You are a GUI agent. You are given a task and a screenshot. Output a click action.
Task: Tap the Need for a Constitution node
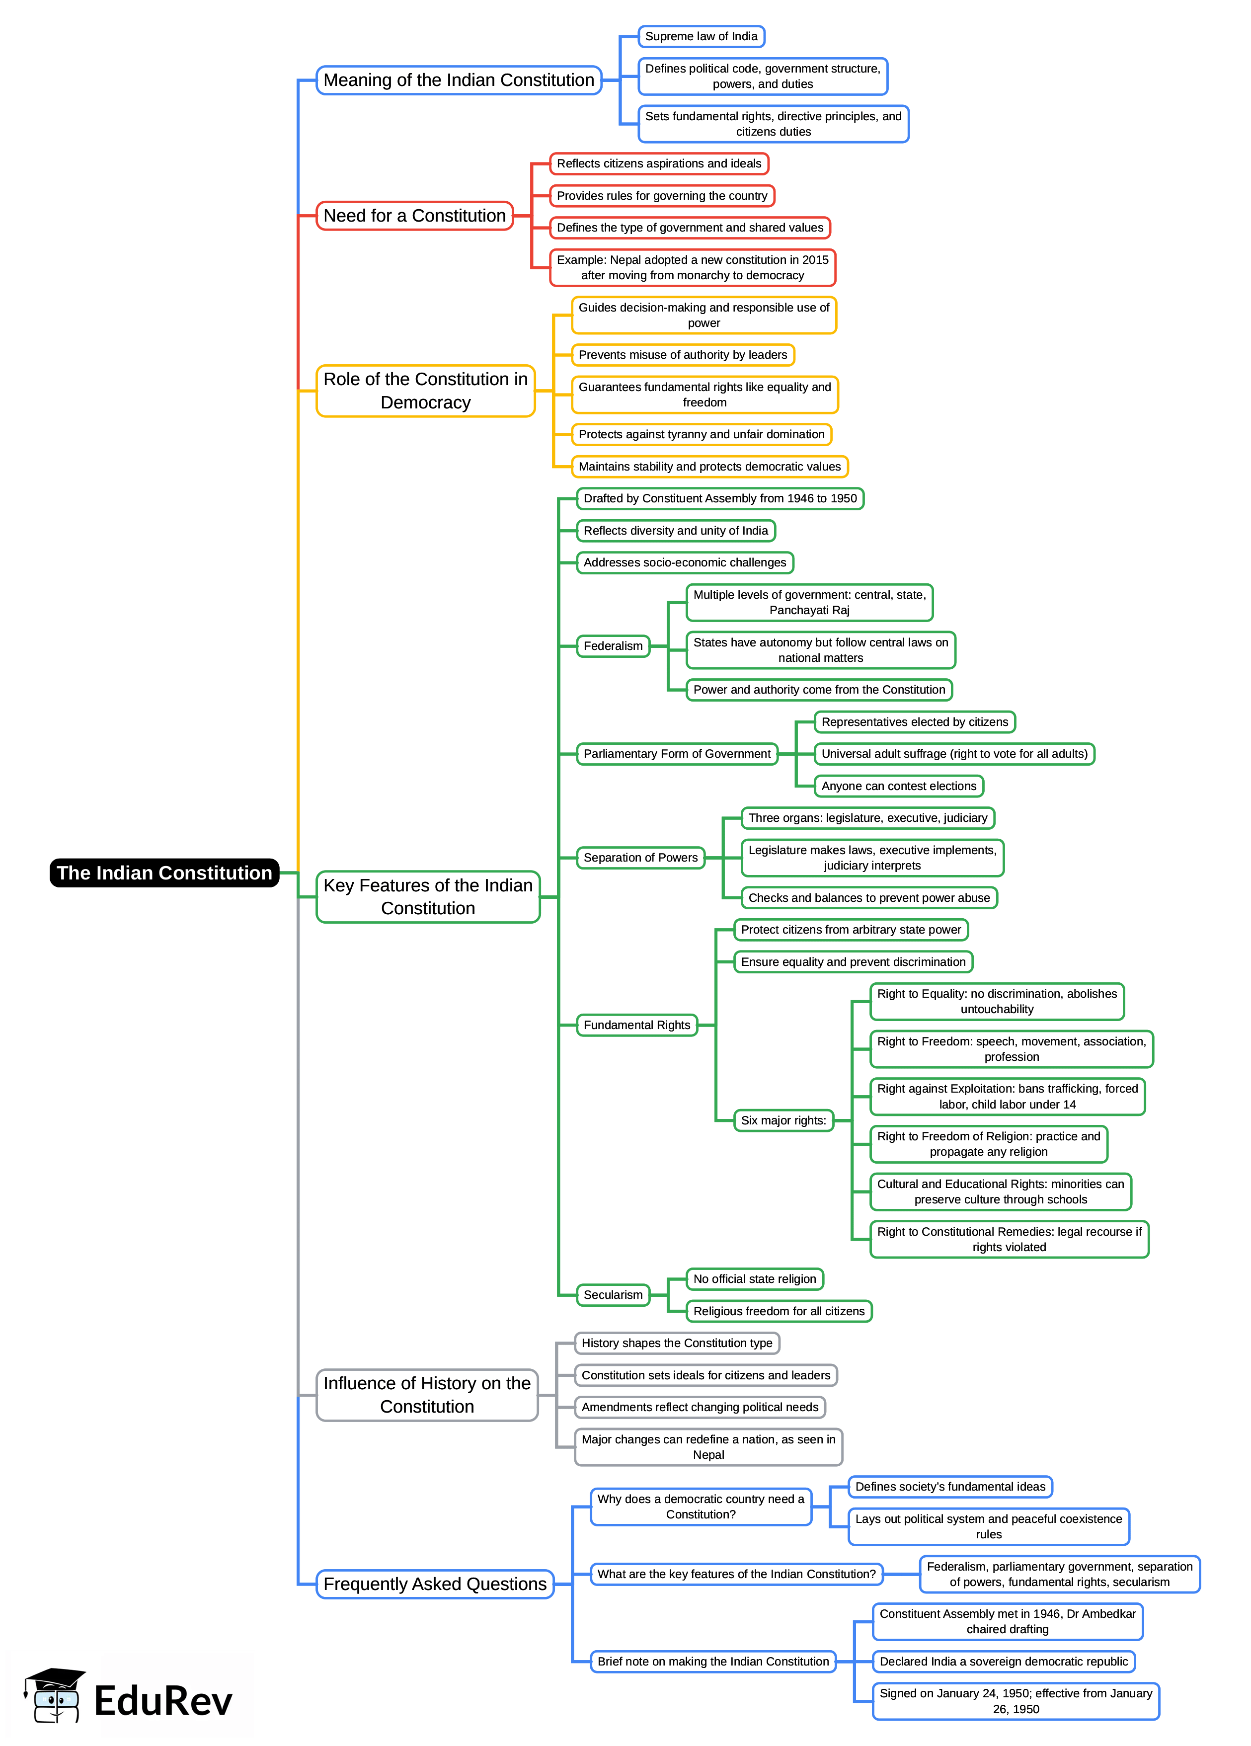414,216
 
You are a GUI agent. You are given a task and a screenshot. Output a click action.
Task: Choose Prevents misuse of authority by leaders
682,355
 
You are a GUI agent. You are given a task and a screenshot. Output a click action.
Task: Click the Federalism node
613,646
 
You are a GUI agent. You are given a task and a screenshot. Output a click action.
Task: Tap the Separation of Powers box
640,858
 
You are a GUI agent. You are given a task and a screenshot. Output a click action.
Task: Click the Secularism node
613,1295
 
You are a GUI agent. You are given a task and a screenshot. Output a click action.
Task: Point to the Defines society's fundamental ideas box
950,1487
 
